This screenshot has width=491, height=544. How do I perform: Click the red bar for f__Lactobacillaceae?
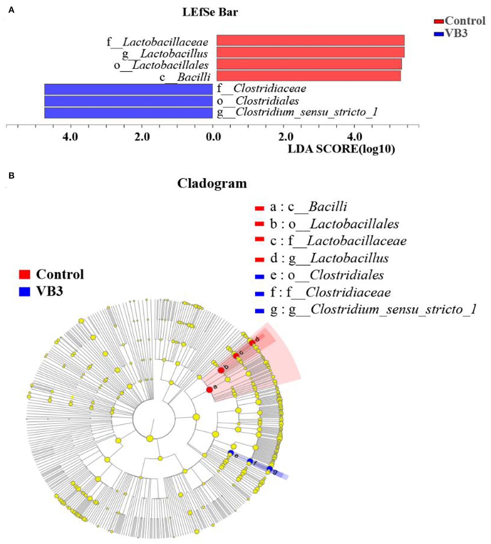click(310, 40)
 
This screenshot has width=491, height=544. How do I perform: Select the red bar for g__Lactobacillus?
click(310, 52)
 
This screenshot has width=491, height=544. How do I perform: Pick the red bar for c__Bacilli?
click(308, 76)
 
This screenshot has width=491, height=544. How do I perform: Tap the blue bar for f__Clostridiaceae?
click(128, 89)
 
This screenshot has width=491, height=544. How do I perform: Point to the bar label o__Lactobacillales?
click(161, 65)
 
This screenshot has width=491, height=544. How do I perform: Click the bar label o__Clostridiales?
click(258, 101)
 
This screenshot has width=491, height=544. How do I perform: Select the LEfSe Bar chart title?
click(210, 12)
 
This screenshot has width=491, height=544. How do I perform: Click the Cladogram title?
click(212, 183)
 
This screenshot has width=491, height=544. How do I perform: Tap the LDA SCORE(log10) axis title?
click(341, 149)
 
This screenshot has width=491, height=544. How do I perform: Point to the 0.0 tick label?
click(213, 137)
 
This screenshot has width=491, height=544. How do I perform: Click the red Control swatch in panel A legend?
click(439, 21)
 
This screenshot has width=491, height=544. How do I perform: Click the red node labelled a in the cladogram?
click(209, 390)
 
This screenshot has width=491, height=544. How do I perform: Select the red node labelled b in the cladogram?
click(221, 370)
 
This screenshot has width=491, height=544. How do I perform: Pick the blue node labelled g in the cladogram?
click(269, 469)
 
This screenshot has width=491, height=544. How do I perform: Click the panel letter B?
click(11, 176)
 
